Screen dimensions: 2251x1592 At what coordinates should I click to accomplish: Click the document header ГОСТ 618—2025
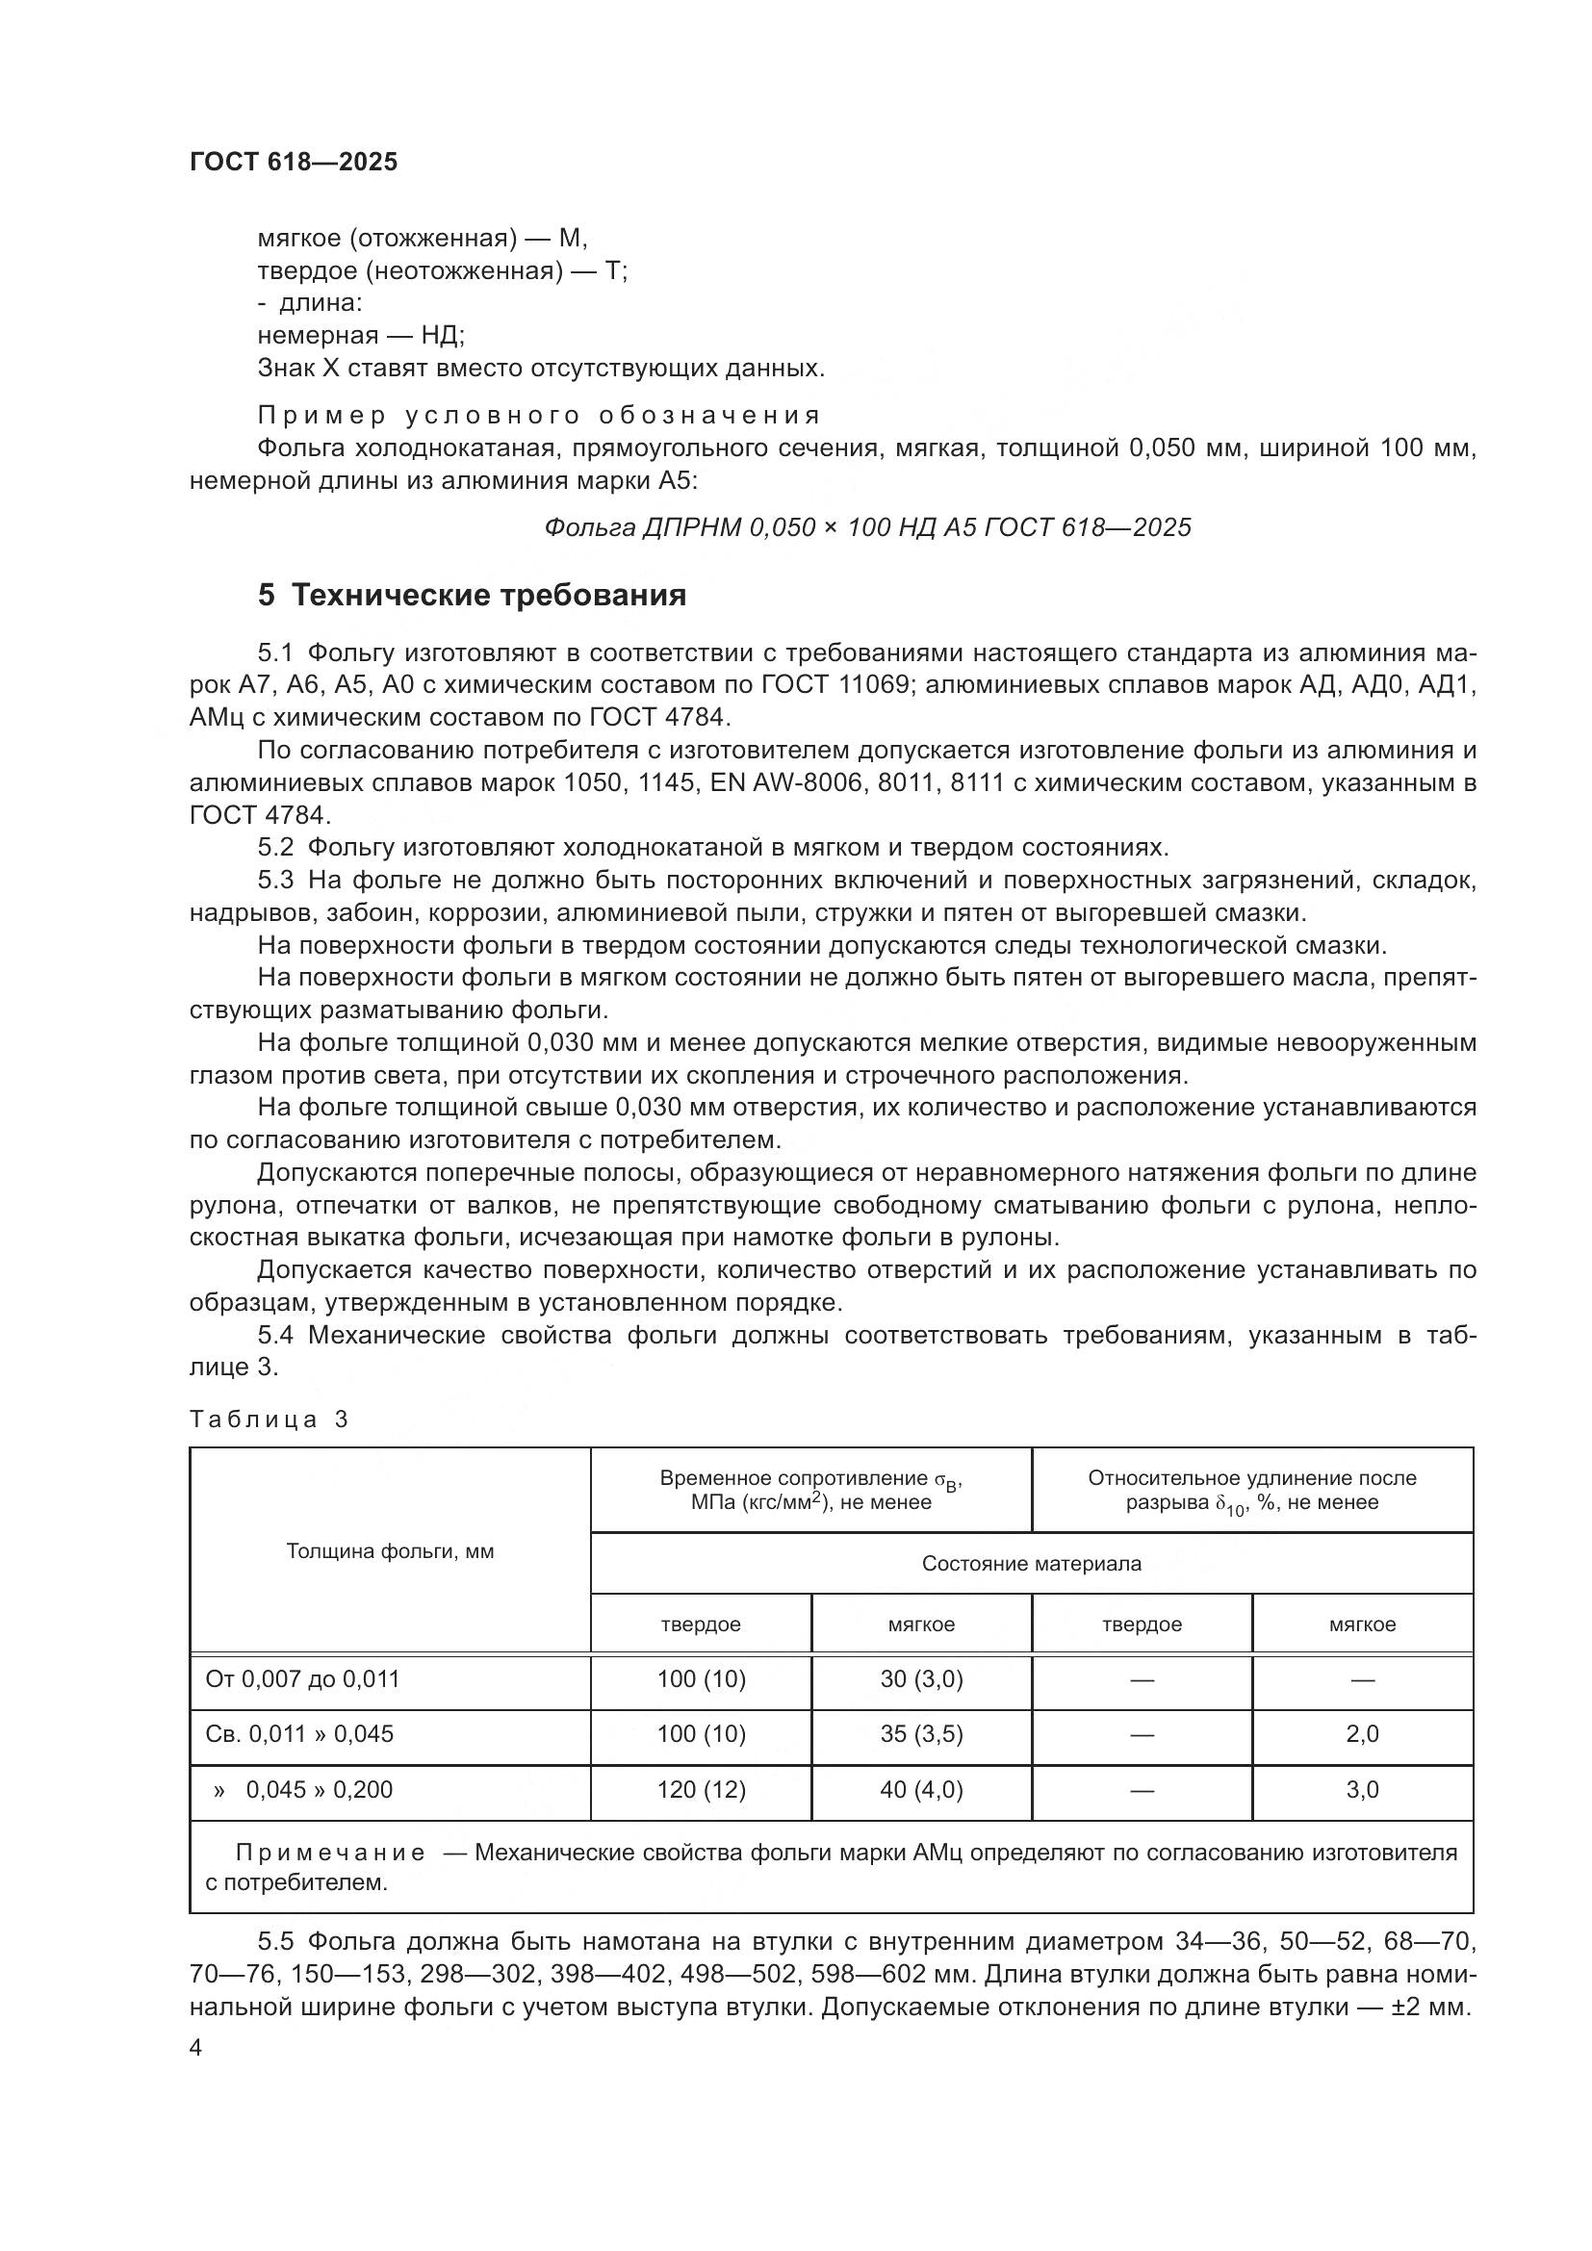click(294, 162)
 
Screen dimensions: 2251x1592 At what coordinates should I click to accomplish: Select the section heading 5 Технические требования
click(472, 595)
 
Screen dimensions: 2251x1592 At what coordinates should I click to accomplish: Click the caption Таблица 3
click(269, 1419)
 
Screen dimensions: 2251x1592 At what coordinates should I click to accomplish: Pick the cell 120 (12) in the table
click(701, 1789)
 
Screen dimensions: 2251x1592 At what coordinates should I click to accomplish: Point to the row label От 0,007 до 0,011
click(302, 1678)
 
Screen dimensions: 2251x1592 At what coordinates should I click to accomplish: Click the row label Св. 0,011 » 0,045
click(299, 1733)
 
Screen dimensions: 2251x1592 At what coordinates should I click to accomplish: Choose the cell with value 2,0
click(1362, 1733)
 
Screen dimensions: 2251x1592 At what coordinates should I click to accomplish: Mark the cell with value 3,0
click(1362, 1789)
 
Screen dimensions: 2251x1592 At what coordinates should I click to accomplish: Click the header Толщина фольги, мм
click(389, 1551)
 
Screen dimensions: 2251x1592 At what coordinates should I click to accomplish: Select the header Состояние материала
click(1031, 1563)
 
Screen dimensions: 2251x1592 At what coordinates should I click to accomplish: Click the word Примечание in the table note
click(330, 1852)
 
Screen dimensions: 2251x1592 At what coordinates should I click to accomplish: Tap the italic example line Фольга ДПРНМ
click(866, 527)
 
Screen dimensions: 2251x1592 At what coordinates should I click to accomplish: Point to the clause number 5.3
click(275, 881)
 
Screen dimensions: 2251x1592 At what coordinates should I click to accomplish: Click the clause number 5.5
click(275, 1941)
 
